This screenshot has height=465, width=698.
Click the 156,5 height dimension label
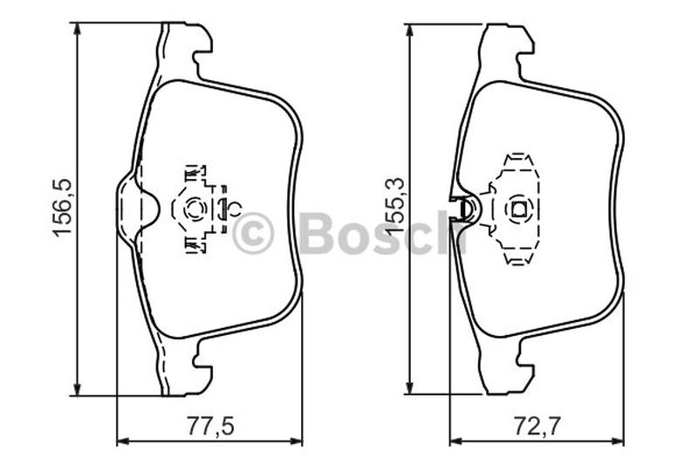pos(61,207)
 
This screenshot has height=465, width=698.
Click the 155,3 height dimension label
pos(394,205)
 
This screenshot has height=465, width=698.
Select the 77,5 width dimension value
pos(209,426)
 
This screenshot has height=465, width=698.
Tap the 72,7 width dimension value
pos(537,426)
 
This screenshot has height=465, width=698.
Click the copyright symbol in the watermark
pos(253,233)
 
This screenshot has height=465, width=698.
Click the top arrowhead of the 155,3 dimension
pos(409,31)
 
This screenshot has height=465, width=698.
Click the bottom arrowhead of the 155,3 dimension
pos(409,387)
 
